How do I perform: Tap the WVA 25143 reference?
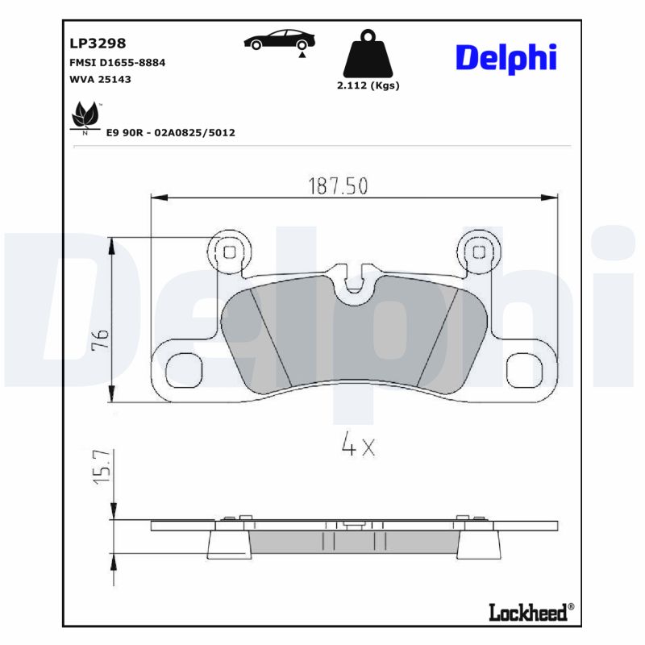click(96, 79)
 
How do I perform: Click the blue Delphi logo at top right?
click(506, 58)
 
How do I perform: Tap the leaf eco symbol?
click(84, 117)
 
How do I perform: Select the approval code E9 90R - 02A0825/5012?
click(170, 132)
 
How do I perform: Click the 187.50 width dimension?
click(338, 186)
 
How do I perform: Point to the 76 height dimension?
click(99, 338)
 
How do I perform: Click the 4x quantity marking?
click(358, 447)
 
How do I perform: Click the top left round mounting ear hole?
click(230, 251)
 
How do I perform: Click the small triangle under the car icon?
click(301, 55)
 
